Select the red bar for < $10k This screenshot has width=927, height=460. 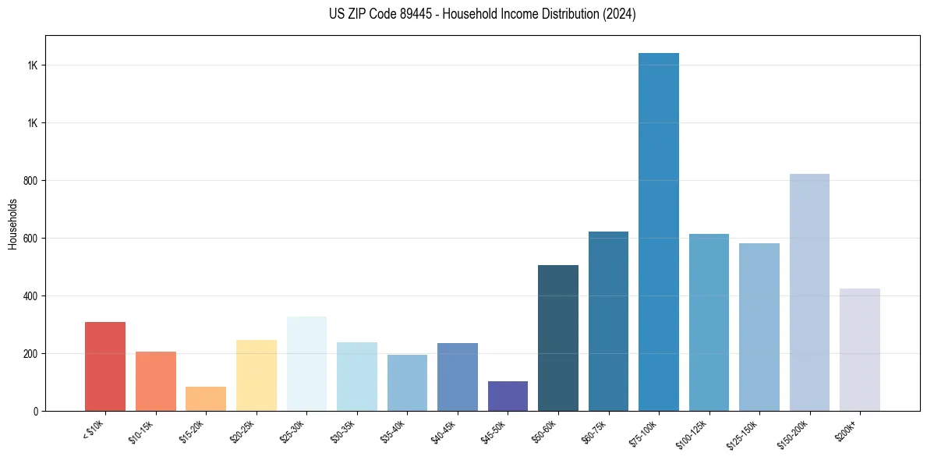click(105, 366)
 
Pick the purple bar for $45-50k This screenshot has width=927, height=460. click(508, 396)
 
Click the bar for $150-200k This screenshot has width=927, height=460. click(809, 292)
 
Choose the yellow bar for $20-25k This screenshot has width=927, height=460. click(257, 375)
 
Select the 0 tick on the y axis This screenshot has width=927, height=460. click(35, 411)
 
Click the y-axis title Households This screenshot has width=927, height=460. click(12, 224)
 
